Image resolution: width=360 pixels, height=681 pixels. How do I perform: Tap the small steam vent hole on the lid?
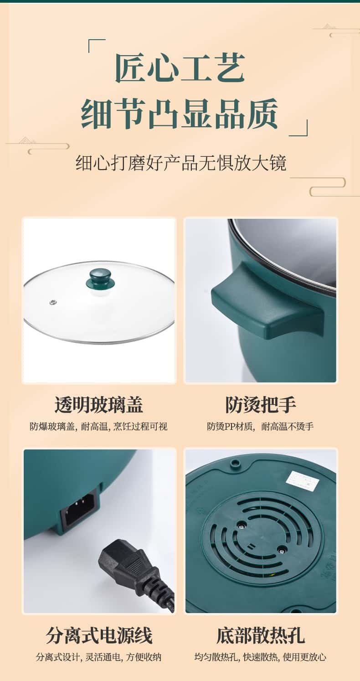(53, 302)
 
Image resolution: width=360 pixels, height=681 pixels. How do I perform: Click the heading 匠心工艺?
(180, 68)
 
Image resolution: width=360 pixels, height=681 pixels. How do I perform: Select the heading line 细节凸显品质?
(180, 113)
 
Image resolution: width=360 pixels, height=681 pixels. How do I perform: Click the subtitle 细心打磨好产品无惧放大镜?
(181, 163)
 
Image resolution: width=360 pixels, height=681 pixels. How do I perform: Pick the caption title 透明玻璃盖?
(99, 405)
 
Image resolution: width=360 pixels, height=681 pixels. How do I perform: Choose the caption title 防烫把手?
(261, 405)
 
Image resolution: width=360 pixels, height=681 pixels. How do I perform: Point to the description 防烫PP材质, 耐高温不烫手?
(260, 427)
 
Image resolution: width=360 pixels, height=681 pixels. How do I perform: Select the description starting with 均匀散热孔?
(261, 657)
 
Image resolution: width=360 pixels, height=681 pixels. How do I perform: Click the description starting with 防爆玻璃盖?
(98, 427)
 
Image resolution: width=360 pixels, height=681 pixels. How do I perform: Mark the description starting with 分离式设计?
(98, 657)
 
